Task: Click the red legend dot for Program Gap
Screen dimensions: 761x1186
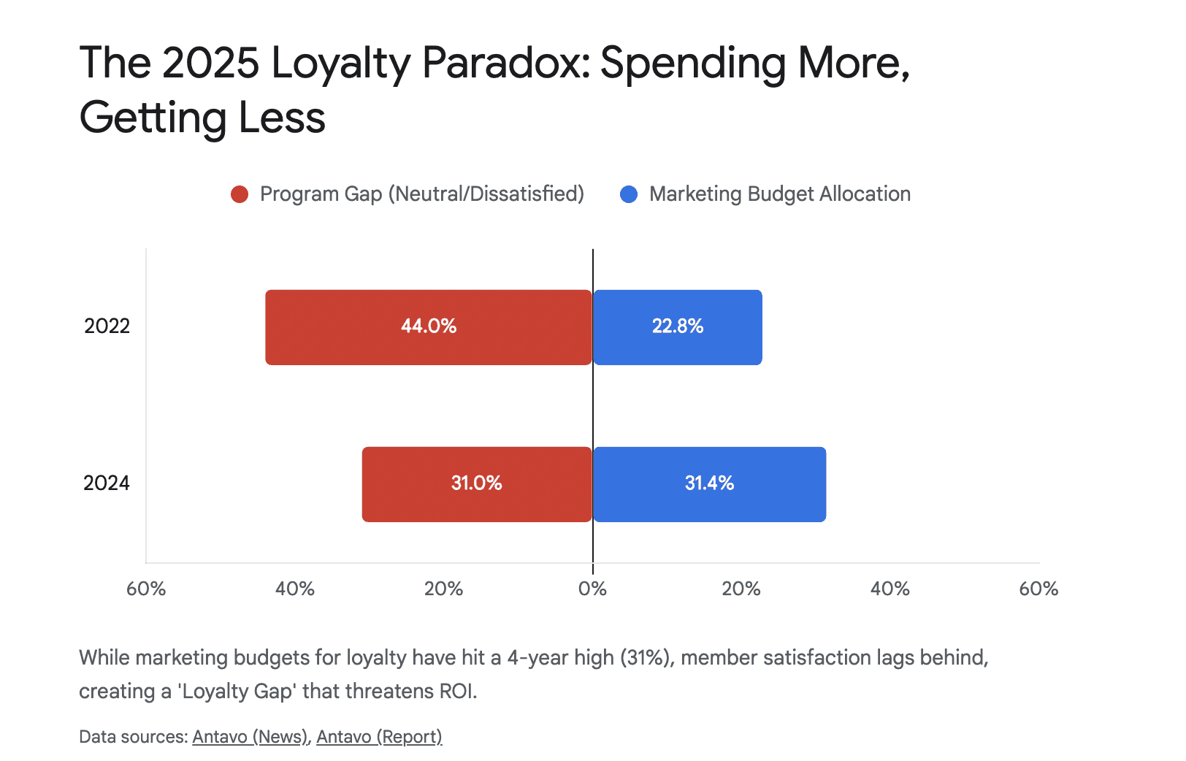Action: coord(240,194)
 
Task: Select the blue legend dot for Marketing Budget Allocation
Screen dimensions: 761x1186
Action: coord(629,194)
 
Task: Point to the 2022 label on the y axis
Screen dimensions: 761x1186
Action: coord(107,326)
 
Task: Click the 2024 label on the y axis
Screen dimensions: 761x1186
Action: coord(107,483)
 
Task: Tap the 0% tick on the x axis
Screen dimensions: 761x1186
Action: coord(592,589)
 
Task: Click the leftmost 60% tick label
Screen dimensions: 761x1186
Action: coord(146,589)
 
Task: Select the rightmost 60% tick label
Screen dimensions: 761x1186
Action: coord(1038,589)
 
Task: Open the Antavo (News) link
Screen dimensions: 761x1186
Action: coord(250,737)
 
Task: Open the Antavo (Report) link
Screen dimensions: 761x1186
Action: coord(379,737)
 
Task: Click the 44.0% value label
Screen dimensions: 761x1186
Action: coord(429,326)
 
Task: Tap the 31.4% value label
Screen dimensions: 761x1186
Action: coord(709,483)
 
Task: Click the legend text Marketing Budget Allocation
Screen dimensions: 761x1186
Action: coord(779,194)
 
